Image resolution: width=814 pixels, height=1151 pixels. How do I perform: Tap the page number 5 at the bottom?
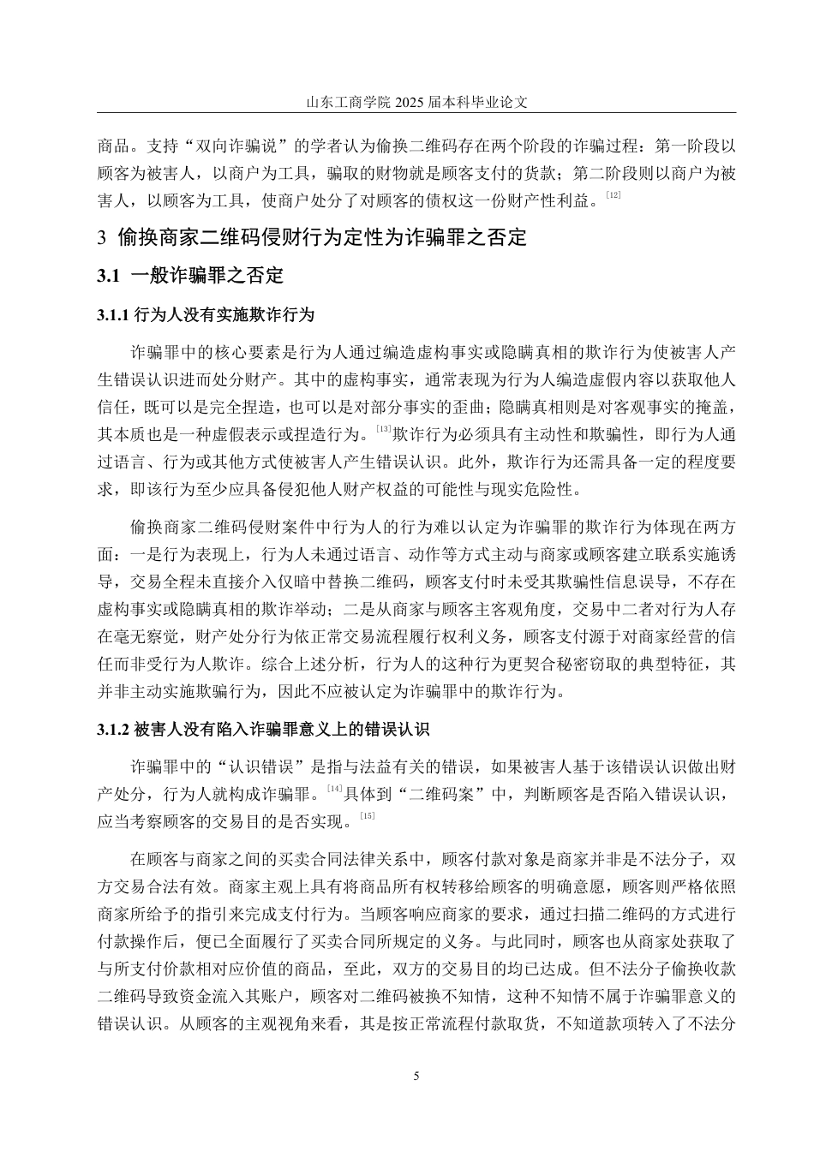416,1076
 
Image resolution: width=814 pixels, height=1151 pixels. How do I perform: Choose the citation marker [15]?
368,815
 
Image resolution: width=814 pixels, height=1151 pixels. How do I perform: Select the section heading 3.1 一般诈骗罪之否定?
190,276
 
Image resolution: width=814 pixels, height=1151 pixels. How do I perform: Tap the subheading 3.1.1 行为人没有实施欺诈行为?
206,315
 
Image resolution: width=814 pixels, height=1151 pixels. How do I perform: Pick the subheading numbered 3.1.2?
263,730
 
